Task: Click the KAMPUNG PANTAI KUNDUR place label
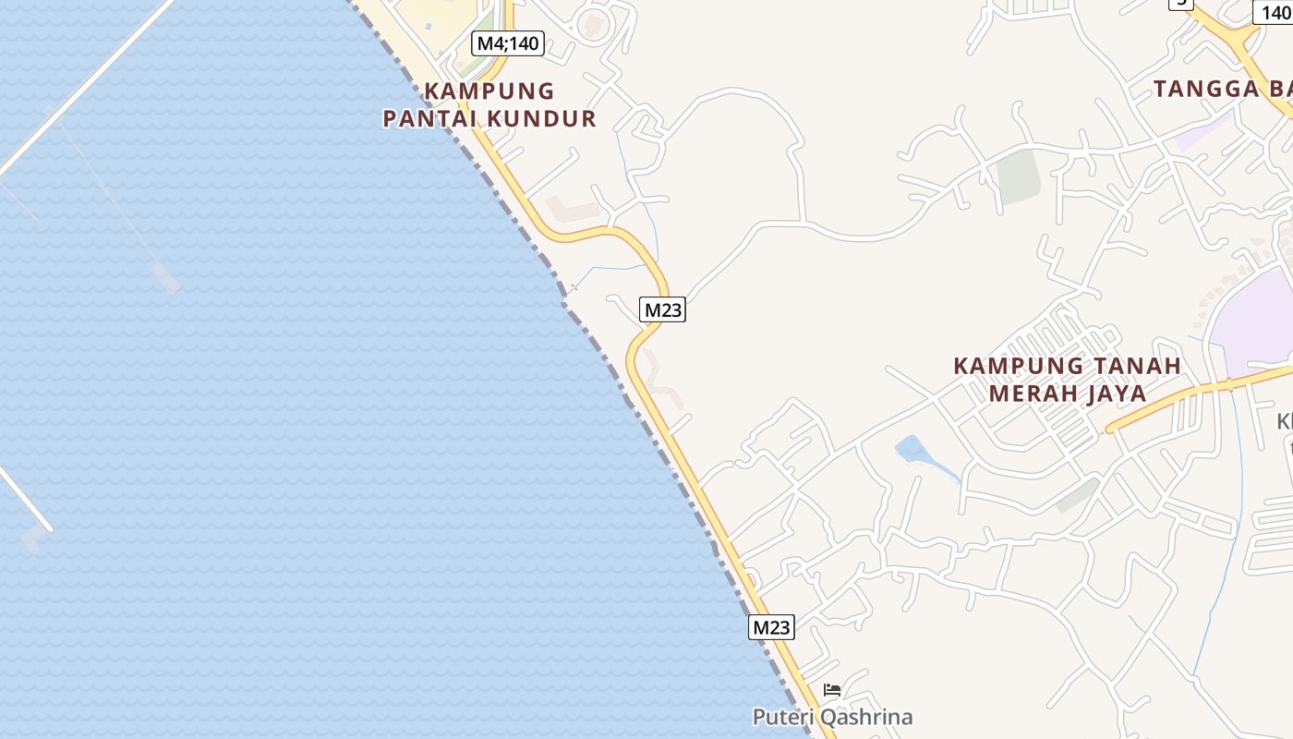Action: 489,104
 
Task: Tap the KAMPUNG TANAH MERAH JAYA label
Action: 1067,379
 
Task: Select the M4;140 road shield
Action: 508,42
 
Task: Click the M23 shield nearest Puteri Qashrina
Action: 771,627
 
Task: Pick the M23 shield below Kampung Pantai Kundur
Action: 662,309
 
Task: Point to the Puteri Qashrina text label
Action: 832,717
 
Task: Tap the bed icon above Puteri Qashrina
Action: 832,690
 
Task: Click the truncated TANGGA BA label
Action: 1222,89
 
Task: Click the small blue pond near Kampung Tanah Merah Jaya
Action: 912,451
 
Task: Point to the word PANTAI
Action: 423,118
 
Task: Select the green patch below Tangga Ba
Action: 1019,176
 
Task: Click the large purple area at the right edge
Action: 1256,319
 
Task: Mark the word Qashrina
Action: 866,717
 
